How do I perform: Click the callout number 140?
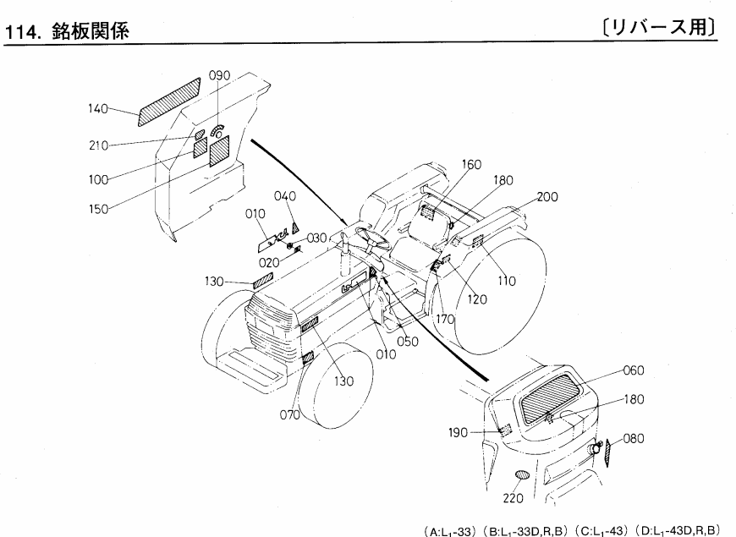tap(100, 107)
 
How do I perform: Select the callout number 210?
tap(100, 145)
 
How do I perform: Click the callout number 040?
tap(286, 196)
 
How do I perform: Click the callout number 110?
tap(504, 279)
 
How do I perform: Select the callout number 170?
tap(447, 320)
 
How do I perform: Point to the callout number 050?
tap(409, 341)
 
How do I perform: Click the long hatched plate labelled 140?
tap(169, 101)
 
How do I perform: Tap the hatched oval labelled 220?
tap(524, 476)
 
